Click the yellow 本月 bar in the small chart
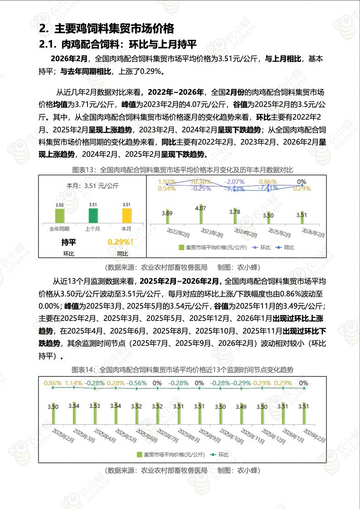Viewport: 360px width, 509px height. [127, 215]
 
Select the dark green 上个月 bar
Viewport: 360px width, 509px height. [93, 215]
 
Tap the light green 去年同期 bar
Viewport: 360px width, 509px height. [59, 215]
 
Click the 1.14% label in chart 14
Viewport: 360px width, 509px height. [73, 383]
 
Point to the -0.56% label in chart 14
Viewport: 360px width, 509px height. [136, 383]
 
